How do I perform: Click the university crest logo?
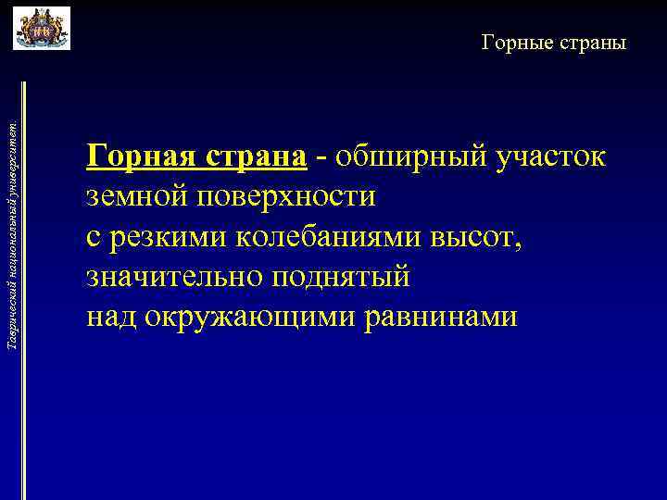pyautogui.click(x=42, y=28)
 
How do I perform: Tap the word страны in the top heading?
pyautogui.click(x=593, y=43)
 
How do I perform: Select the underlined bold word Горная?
pyautogui.click(x=140, y=156)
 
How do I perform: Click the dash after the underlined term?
pyautogui.click(x=321, y=157)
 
